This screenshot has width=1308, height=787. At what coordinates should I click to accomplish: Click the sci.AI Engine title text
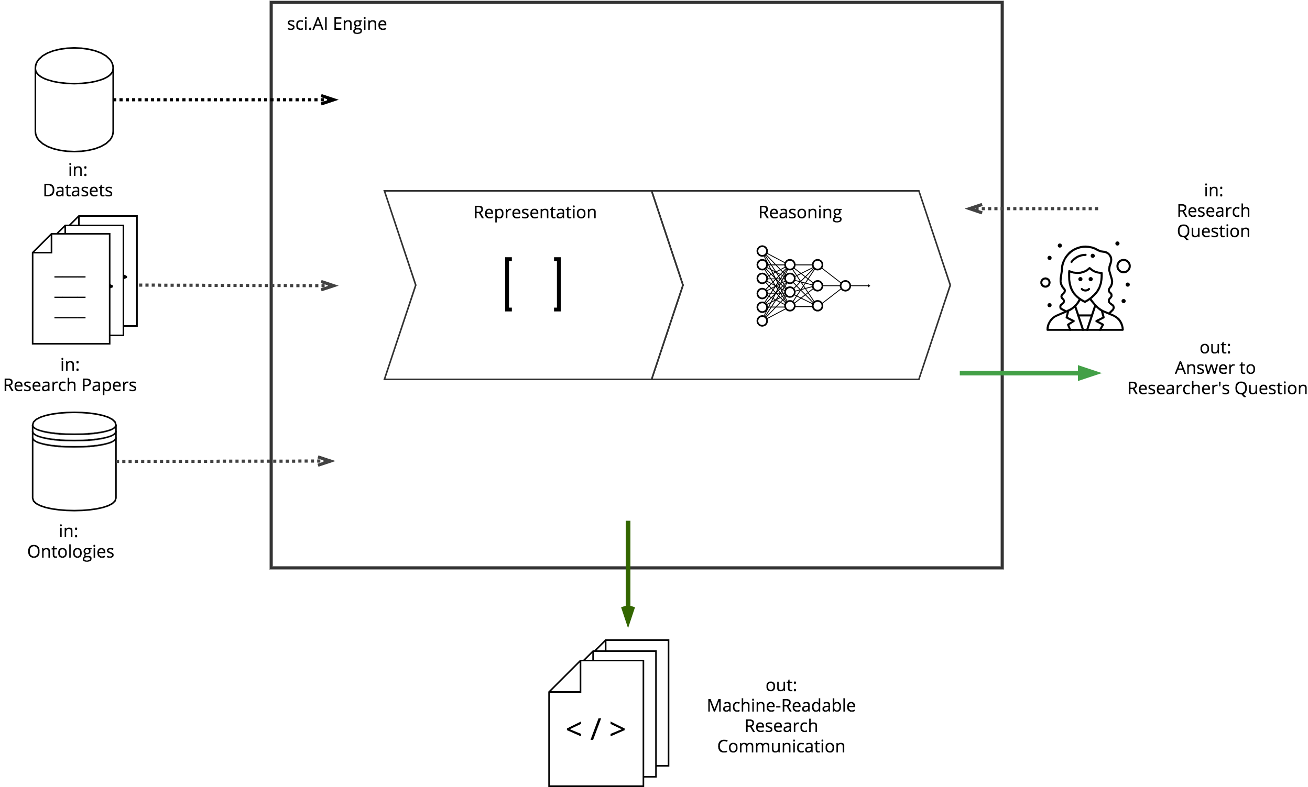[336, 24]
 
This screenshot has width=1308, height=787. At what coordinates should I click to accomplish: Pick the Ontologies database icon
[74, 461]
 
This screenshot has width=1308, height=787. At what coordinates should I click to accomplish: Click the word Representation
[535, 212]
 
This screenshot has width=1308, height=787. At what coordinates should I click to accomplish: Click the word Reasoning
[800, 212]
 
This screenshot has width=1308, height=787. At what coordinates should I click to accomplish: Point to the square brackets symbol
[532, 284]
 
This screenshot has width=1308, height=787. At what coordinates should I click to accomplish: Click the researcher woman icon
[1085, 289]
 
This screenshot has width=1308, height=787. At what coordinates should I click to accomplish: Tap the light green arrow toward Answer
[1029, 373]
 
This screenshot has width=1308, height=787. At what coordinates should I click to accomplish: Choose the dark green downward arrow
[628, 573]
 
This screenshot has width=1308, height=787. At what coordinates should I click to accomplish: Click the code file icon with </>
[607, 713]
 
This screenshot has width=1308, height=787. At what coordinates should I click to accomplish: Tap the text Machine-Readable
[780, 705]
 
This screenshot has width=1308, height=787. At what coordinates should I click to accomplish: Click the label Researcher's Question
[1217, 388]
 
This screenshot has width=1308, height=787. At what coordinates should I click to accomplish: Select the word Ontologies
[71, 551]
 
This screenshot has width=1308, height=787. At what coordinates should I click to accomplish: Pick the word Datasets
[78, 190]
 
